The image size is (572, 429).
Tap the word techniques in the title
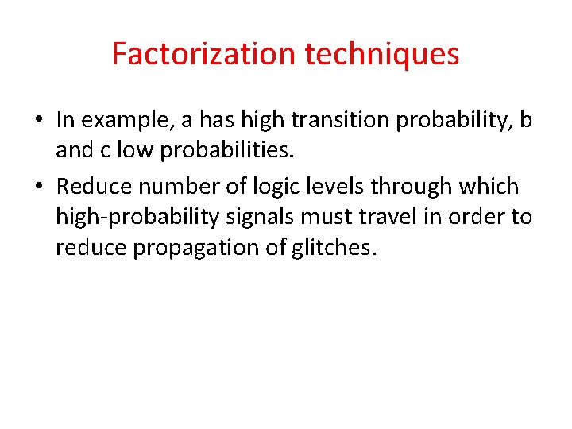pos(382,54)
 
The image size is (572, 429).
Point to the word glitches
pos(333,248)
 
